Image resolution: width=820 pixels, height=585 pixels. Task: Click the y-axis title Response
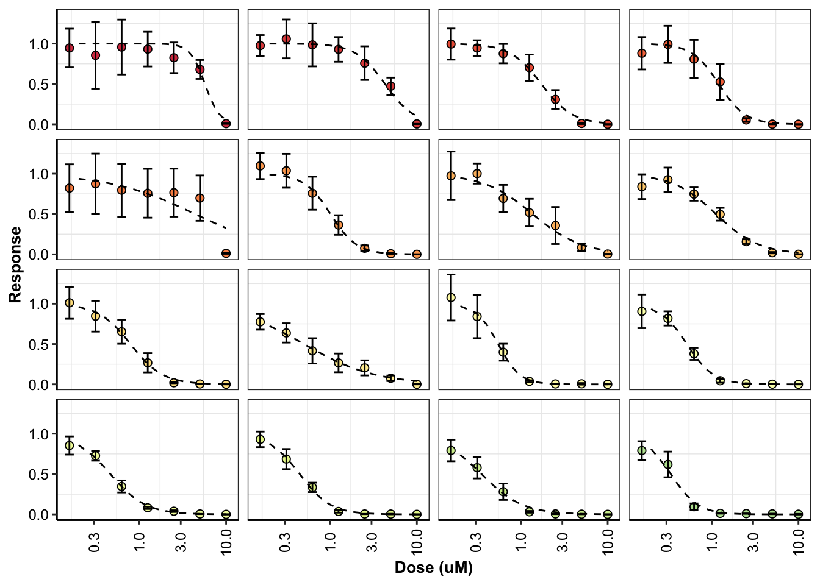(x=15, y=264)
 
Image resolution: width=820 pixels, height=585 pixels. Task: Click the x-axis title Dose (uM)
(x=433, y=568)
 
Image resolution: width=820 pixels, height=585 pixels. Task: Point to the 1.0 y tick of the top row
(x=38, y=44)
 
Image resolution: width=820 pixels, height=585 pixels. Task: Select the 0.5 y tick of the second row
(x=38, y=214)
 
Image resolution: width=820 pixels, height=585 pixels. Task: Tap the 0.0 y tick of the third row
(x=38, y=385)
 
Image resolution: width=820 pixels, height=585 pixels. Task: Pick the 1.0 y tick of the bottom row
(x=38, y=434)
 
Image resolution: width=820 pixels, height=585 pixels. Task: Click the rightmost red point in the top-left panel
(x=226, y=124)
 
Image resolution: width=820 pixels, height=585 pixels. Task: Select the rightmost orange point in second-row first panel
(x=226, y=253)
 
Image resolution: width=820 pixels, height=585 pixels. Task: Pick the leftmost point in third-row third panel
(x=451, y=297)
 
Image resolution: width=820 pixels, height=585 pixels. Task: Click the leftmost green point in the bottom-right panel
(x=642, y=451)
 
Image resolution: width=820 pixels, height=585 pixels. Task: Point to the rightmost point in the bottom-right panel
(x=798, y=514)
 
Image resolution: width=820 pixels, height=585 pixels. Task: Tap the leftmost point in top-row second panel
(x=261, y=46)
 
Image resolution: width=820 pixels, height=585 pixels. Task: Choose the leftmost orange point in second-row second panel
(x=261, y=166)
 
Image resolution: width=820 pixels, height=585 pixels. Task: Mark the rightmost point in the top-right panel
(x=798, y=124)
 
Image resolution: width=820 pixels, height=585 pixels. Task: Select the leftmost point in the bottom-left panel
(x=70, y=445)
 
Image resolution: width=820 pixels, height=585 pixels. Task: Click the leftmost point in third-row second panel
(x=261, y=322)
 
